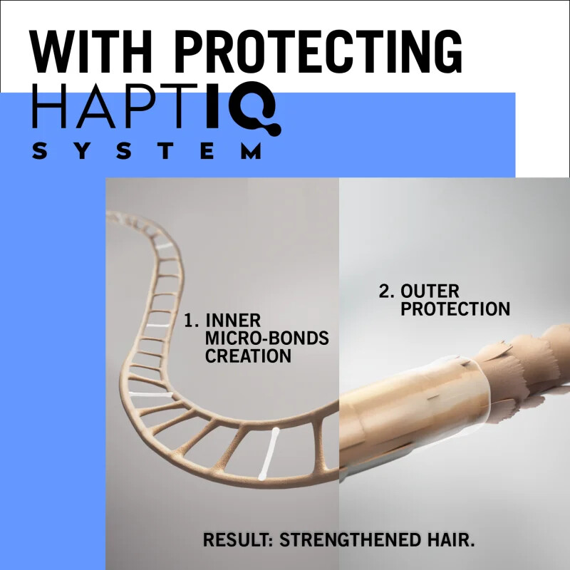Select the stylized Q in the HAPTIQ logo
[x=256, y=113]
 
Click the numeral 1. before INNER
[x=191, y=321]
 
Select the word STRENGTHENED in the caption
[x=348, y=539]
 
